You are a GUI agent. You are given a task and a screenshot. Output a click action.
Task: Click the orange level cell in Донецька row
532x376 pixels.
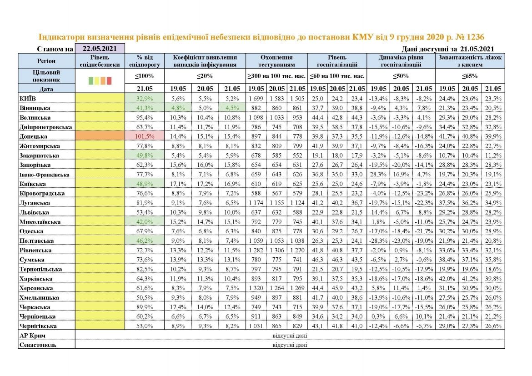coord(100,136)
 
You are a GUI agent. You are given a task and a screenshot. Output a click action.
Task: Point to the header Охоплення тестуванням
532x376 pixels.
coord(276,61)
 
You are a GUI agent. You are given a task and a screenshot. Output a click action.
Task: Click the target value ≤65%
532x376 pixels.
coord(470,76)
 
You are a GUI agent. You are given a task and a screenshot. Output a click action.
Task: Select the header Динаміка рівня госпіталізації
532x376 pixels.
coord(401,61)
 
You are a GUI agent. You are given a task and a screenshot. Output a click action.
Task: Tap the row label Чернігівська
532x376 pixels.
coord(38,326)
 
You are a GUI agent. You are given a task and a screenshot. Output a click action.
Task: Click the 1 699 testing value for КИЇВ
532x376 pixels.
coord(256,99)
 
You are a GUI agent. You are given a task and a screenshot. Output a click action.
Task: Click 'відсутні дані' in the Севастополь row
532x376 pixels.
coord(290,345)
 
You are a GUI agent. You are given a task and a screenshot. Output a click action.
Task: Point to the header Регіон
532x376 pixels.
coord(46,60)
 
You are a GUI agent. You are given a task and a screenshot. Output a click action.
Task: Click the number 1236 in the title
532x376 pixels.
coord(480,37)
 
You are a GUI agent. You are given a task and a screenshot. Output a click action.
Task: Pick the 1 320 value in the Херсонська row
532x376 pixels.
coord(256,288)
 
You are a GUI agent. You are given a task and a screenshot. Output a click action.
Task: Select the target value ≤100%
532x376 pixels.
coord(144,76)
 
